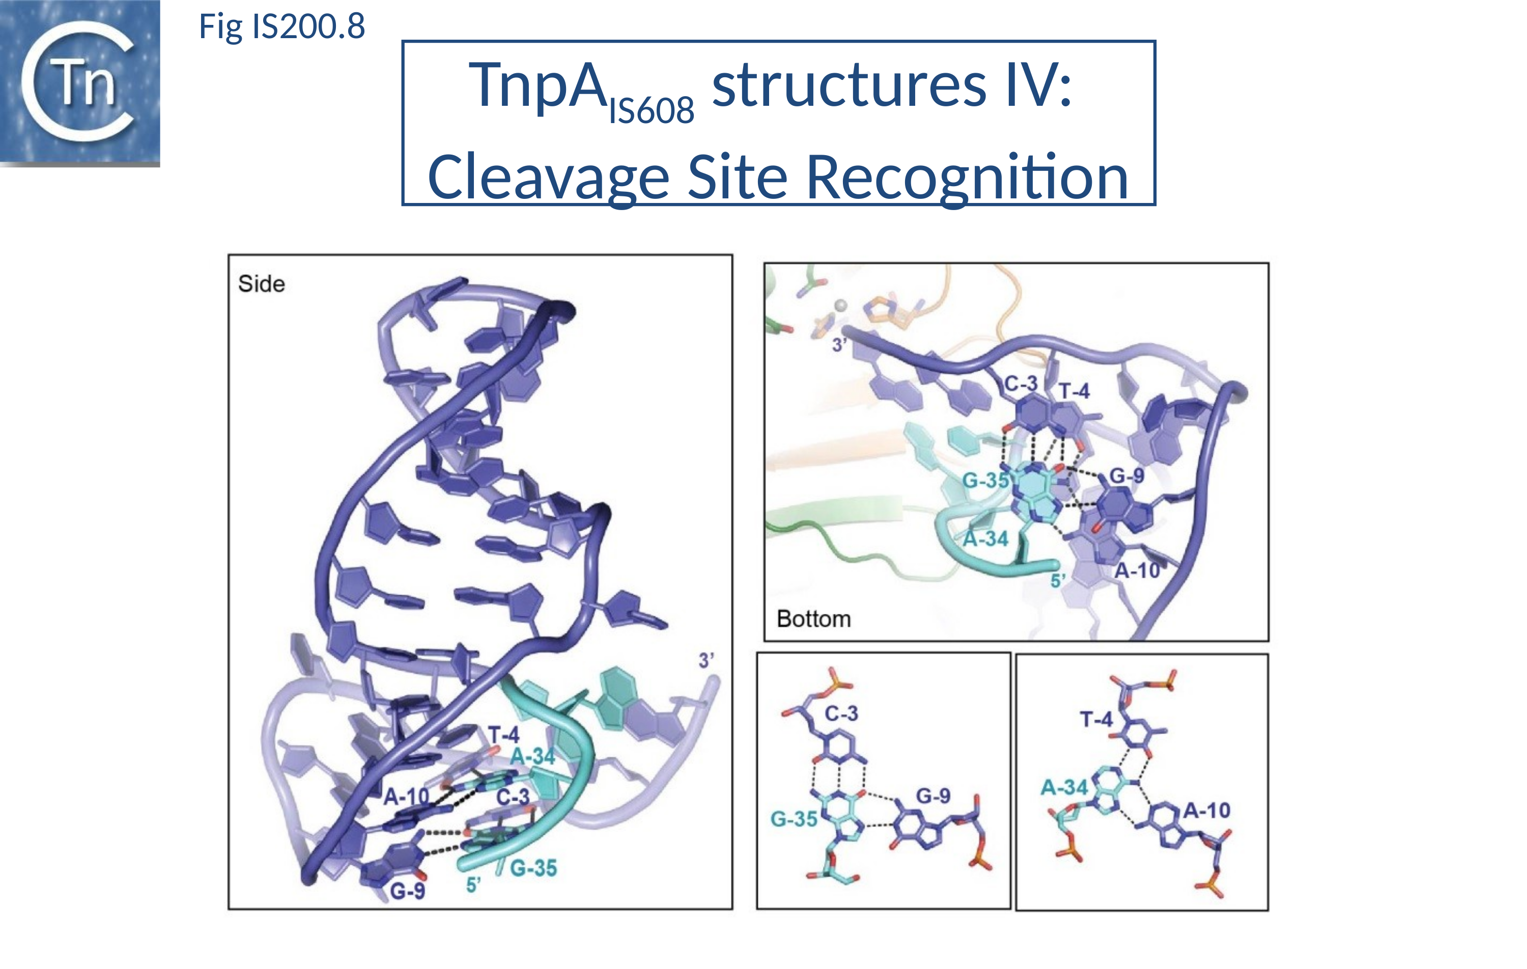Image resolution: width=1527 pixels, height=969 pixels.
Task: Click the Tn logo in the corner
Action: point(80,82)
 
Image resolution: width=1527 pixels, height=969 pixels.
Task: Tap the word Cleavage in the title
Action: point(549,178)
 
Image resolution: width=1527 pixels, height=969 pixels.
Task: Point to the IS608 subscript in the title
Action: point(652,111)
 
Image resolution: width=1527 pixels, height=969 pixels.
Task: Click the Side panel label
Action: point(261,284)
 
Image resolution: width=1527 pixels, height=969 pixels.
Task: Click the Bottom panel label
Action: point(813,619)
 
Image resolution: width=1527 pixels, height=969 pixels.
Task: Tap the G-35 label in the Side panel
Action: point(533,868)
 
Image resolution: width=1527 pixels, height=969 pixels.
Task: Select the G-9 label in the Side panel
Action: point(407,891)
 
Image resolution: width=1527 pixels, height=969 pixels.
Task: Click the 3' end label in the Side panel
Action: point(706,661)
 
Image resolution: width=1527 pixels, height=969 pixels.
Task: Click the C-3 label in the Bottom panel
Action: point(1021,383)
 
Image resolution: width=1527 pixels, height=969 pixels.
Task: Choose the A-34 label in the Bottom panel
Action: point(985,539)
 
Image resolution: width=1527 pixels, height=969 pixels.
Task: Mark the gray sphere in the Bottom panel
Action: point(841,306)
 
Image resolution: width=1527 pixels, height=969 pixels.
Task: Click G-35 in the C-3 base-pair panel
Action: point(794,819)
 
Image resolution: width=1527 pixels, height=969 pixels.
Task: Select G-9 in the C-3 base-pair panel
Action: point(933,796)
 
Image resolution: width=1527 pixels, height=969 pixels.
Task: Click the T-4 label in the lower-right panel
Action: point(1096,719)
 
